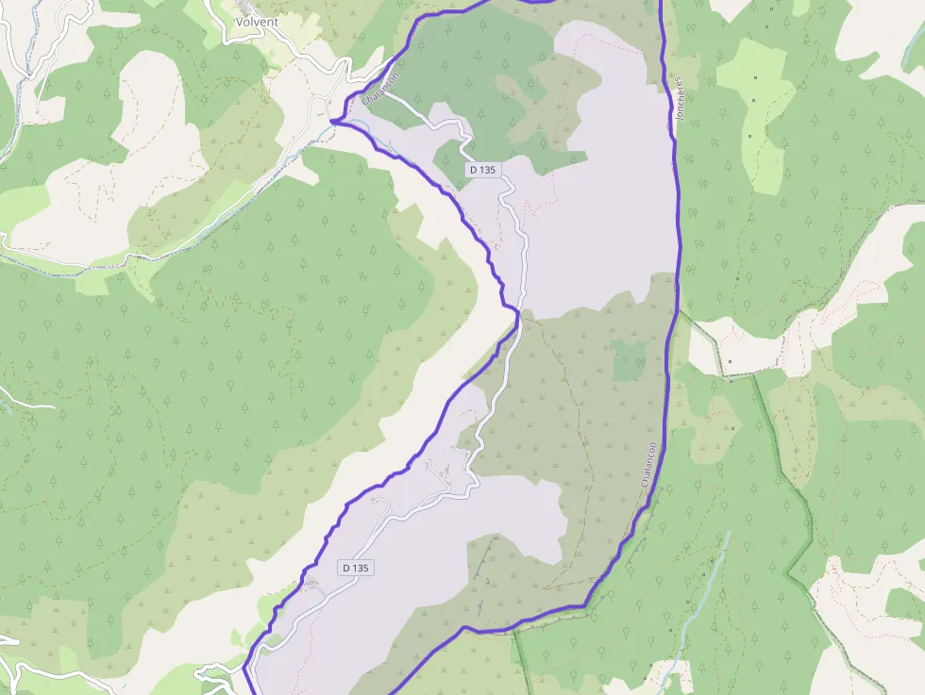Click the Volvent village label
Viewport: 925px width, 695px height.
pyautogui.click(x=256, y=22)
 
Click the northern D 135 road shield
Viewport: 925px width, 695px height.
pyautogui.click(x=484, y=170)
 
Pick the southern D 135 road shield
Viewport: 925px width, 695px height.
pyautogui.click(x=356, y=568)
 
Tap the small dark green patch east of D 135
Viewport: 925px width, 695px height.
pyautogui.click(x=629, y=360)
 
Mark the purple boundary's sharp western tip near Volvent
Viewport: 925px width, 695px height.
pyautogui.click(x=333, y=121)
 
